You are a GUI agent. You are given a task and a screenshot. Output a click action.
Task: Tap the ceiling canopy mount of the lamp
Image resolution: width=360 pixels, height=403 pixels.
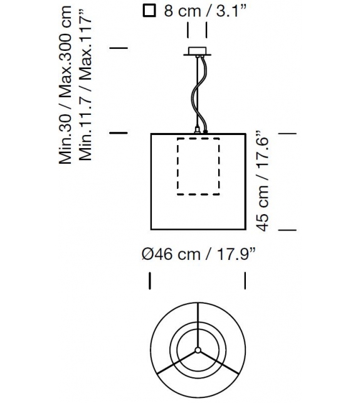pyautogui.click(x=198, y=53)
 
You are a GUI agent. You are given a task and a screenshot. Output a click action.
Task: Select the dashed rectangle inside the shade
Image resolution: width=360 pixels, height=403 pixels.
pyautogui.click(x=198, y=166)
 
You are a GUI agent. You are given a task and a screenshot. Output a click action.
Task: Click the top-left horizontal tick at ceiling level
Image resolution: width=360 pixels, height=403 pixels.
pyautogui.click(x=119, y=48)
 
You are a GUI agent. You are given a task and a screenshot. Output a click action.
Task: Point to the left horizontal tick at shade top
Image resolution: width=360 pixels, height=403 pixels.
pyautogui.click(x=119, y=132)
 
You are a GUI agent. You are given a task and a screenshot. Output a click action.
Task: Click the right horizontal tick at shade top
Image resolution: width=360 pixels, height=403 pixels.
pyautogui.click(x=286, y=132)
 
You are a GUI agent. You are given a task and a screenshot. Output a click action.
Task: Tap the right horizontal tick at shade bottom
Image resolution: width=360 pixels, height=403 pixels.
pyautogui.click(x=286, y=230)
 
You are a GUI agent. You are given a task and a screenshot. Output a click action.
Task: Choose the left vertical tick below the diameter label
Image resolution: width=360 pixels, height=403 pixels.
pyautogui.click(x=150, y=281)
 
